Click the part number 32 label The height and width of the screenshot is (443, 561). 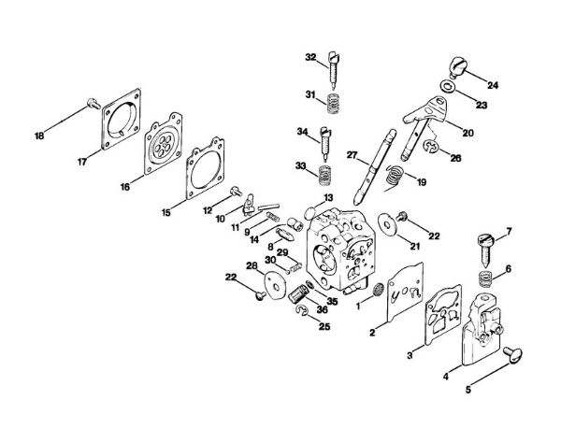pos(310,57)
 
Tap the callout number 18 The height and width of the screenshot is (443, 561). pos(39,136)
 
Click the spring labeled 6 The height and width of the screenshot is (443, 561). pos(484,277)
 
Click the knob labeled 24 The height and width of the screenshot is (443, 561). pos(462,67)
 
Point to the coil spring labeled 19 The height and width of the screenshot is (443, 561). pos(396,173)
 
